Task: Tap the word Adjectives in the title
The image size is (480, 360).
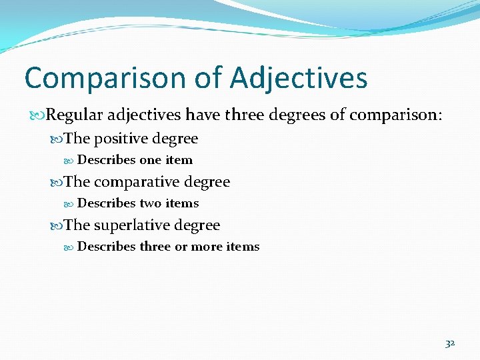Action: coord(299,78)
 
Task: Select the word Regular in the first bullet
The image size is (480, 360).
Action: coord(74,115)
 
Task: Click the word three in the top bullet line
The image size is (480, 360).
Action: coord(246,115)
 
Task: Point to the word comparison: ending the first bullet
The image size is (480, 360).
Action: coord(395,115)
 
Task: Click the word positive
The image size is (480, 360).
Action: coord(121,139)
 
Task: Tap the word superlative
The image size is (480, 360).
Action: coord(132,225)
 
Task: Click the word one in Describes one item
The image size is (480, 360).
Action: coord(151,160)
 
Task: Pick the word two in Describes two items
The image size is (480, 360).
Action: coord(150,203)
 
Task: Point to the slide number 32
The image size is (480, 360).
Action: coord(450,343)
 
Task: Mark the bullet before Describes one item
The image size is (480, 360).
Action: coord(71,161)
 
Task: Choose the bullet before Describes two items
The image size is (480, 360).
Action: coord(71,204)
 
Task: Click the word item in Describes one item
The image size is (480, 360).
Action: coord(179,160)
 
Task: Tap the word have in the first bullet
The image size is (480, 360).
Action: coord(202,115)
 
